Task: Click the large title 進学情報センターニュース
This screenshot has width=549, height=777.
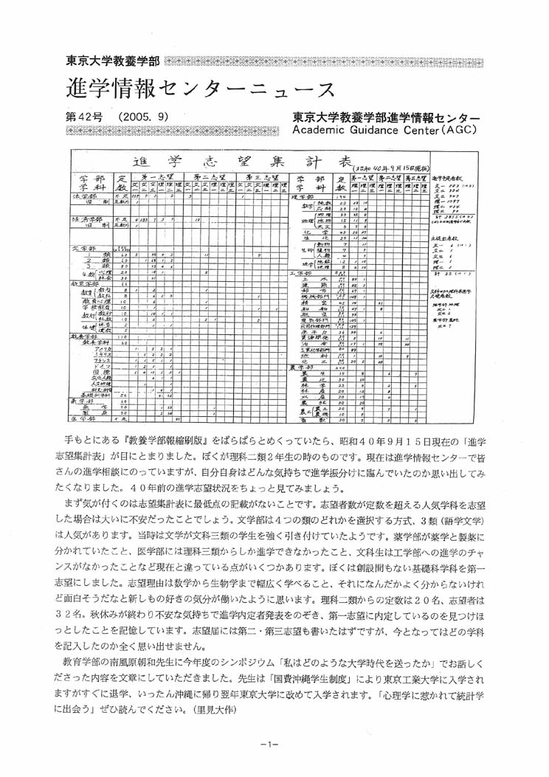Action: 199,89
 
